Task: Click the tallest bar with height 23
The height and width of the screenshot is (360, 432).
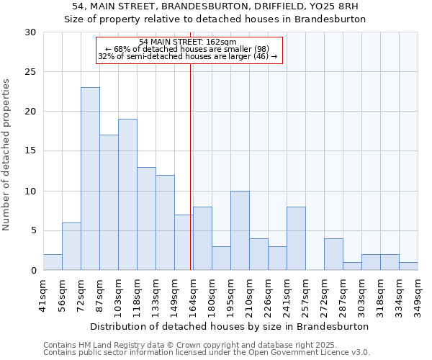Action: (90, 179)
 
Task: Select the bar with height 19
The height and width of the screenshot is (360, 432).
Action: (127, 194)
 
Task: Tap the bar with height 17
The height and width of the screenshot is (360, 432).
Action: (109, 202)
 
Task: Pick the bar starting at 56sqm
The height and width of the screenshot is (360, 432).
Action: (71, 246)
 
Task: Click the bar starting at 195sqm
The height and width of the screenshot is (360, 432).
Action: (240, 230)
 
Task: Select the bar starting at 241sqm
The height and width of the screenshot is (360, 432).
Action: (296, 238)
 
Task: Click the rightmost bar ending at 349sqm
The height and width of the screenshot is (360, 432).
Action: (408, 266)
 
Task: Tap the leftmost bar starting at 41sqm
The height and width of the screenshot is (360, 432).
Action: (53, 262)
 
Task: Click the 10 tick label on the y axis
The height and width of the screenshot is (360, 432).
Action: (31, 192)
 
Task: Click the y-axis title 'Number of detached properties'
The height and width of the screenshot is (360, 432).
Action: (6, 155)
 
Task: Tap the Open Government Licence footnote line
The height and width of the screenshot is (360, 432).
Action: (207, 353)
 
